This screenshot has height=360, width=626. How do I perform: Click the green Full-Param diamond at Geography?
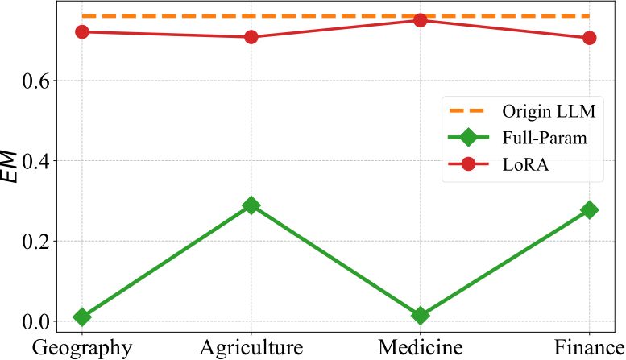pyautogui.click(x=81, y=317)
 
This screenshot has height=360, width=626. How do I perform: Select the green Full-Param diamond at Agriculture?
pyautogui.click(x=251, y=205)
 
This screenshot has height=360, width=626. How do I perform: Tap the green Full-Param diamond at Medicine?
pyautogui.click(x=420, y=315)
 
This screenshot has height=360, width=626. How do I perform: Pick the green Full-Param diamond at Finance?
pyautogui.click(x=589, y=210)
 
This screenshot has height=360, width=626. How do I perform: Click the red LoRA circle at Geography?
pyautogui.click(x=81, y=31)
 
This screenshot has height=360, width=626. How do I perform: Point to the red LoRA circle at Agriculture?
pyautogui.click(x=251, y=37)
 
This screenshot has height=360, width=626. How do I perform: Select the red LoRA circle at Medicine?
pyautogui.click(x=420, y=20)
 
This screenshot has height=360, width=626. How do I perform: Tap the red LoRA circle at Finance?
pyautogui.click(x=589, y=38)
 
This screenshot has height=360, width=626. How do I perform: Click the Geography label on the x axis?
pyautogui.click(x=81, y=347)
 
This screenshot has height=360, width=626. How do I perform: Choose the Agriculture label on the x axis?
pyautogui.click(x=251, y=347)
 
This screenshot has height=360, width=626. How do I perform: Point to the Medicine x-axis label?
pyautogui.click(x=420, y=347)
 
